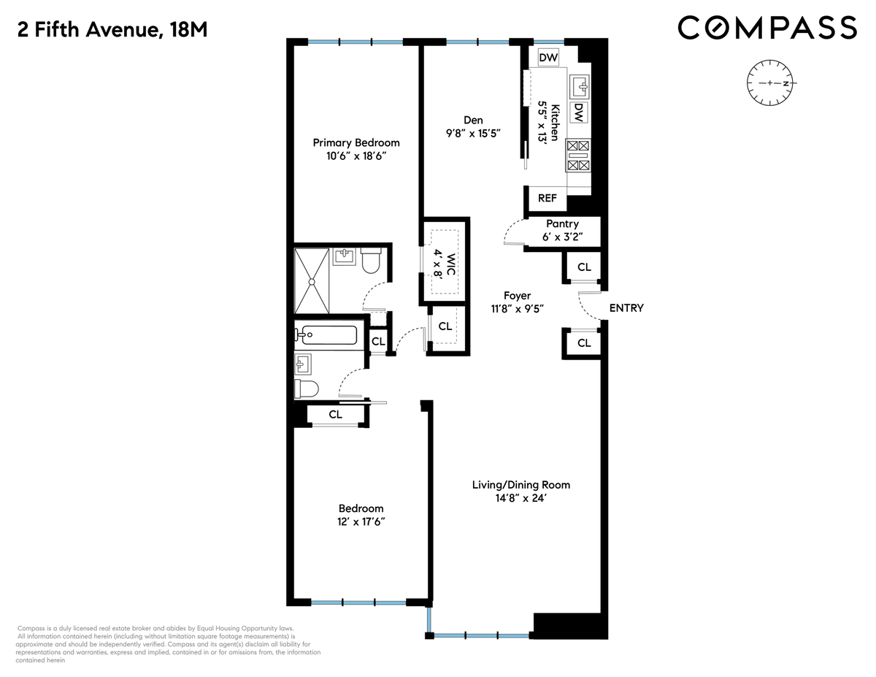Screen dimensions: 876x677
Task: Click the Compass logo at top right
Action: (x=767, y=28)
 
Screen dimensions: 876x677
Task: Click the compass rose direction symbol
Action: (x=770, y=83)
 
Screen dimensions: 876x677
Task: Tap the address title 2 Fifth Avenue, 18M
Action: (x=112, y=30)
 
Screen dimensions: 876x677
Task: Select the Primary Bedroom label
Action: (x=356, y=142)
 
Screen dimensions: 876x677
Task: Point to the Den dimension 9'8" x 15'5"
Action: (x=473, y=133)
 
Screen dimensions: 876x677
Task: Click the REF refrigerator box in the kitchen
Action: (x=547, y=198)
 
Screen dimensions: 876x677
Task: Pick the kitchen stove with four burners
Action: (x=578, y=156)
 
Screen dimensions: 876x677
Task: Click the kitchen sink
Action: (x=580, y=86)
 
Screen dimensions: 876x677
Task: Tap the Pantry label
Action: (x=562, y=223)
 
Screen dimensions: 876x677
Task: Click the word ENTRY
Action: (x=626, y=308)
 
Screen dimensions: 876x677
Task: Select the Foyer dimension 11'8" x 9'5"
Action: (x=518, y=309)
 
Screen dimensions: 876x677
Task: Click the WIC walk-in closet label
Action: (x=450, y=264)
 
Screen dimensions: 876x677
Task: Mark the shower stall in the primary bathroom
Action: (x=312, y=280)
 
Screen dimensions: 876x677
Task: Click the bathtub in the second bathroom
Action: (x=326, y=334)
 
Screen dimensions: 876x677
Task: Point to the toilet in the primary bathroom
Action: (x=371, y=260)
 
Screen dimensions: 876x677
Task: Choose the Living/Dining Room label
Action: (x=521, y=485)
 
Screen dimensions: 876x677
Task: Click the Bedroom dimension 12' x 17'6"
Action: (x=361, y=521)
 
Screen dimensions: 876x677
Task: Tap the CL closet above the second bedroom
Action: (x=335, y=414)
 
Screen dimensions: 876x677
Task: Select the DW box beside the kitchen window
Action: (x=548, y=57)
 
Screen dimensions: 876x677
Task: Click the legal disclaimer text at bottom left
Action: (x=168, y=644)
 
